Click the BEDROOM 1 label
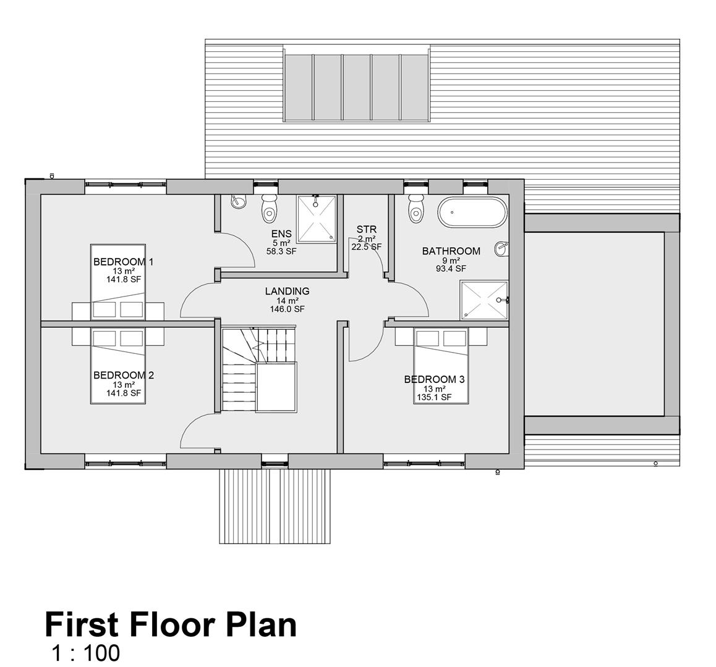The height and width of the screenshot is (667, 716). point(123,262)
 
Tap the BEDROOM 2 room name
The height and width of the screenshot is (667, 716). point(123,375)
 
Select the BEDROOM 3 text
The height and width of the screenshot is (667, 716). point(434,380)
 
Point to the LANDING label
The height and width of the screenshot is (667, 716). point(288,291)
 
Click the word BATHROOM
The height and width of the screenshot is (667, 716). point(451,251)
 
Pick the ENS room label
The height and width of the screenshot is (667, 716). point(281,234)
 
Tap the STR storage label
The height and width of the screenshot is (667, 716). point(367,229)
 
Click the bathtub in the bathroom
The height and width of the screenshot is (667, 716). point(472,212)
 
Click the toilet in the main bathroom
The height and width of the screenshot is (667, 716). point(416,208)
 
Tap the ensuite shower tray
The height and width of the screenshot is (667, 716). point(317,219)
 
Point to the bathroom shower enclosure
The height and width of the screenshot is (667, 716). point(484,300)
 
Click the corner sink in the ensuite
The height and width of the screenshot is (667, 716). point(238,201)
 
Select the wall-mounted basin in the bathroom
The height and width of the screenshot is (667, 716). point(501,249)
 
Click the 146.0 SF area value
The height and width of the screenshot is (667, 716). point(288,309)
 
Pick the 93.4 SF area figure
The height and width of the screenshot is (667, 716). point(451,269)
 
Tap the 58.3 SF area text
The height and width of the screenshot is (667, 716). point(281,251)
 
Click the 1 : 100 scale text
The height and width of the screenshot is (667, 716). point(86,653)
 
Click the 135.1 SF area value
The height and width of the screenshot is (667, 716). point(434,397)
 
